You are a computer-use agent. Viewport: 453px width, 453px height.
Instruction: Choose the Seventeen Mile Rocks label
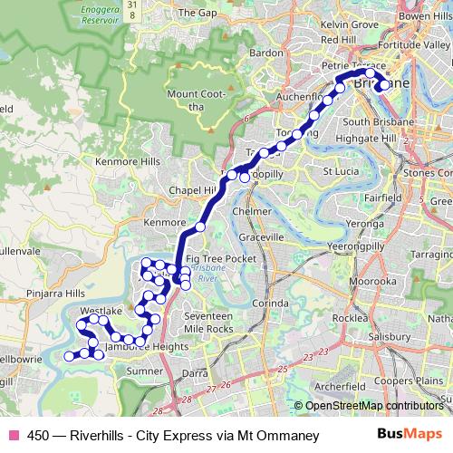coord(208,321)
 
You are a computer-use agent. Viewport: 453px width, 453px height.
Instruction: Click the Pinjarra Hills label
coord(55,294)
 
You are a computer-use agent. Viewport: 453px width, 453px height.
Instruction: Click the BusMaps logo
coord(410,436)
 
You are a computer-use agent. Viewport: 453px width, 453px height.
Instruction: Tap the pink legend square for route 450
coord(13,436)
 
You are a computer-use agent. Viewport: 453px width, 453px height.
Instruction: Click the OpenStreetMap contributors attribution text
coord(374,406)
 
